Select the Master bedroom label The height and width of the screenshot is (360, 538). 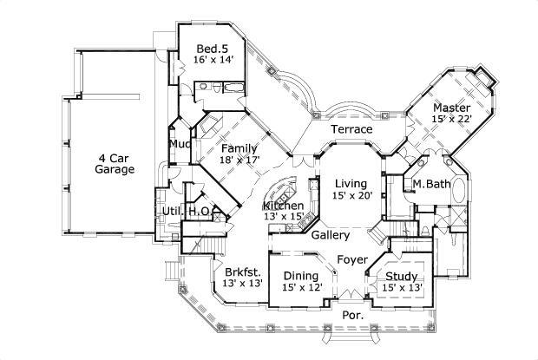pyautogui.click(x=451, y=108)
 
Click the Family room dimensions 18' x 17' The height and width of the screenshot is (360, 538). pyautogui.click(x=238, y=160)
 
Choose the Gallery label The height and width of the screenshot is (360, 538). pyautogui.click(x=331, y=235)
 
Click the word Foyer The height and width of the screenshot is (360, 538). pyautogui.click(x=352, y=260)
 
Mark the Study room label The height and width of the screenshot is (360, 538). pyautogui.click(x=402, y=277)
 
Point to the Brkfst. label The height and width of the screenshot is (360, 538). pyautogui.click(x=237, y=270)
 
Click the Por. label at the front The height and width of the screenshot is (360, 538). pyautogui.click(x=352, y=315)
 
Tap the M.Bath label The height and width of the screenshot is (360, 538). pyautogui.click(x=430, y=184)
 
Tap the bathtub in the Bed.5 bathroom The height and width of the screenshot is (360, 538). pyautogui.click(x=235, y=88)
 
